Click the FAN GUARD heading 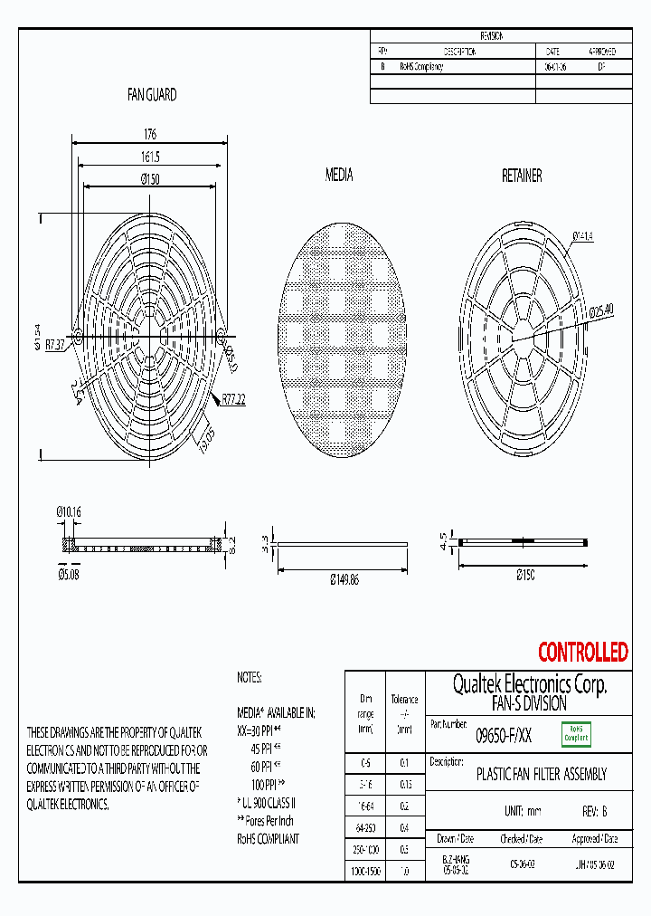[151, 94]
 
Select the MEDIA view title [339, 175]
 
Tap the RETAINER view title [522, 176]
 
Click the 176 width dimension [149, 134]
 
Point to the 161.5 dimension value [149, 157]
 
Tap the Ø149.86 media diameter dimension [343, 579]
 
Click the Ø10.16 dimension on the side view [70, 512]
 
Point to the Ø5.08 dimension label [69, 574]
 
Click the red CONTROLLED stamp [582, 652]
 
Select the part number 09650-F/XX [504, 737]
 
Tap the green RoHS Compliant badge [576, 734]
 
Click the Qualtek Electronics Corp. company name [529, 685]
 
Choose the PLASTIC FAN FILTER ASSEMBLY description [541, 775]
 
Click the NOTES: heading [249, 676]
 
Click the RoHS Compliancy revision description [421, 67]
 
